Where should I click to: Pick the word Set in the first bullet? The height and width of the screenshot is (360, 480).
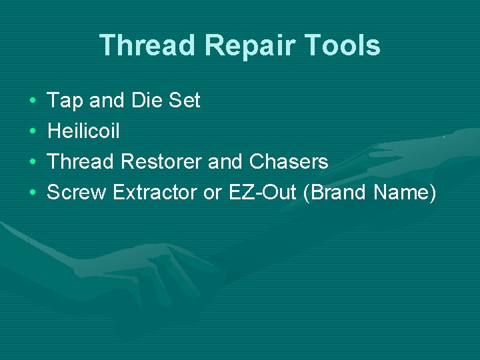pyautogui.click(x=184, y=101)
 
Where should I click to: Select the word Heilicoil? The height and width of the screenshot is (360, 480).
pyautogui.click(x=83, y=131)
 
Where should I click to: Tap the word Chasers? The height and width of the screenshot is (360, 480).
pyautogui.click(x=289, y=162)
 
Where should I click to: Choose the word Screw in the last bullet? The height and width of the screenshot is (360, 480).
pyautogui.click(x=77, y=193)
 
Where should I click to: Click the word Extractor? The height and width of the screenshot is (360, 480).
pyautogui.click(x=155, y=193)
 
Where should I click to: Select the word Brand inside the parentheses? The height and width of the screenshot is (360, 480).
pyautogui.click(x=337, y=193)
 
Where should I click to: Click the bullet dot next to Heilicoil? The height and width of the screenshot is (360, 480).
pyautogui.click(x=33, y=132)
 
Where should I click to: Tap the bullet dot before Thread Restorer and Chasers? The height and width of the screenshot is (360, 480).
pyautogui.click(x=33, y=163)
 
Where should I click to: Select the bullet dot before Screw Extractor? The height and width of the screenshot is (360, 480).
pyautogui.click(x=33, y=193)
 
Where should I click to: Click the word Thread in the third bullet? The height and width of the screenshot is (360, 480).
pyautogui.click(x=79, y=162)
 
